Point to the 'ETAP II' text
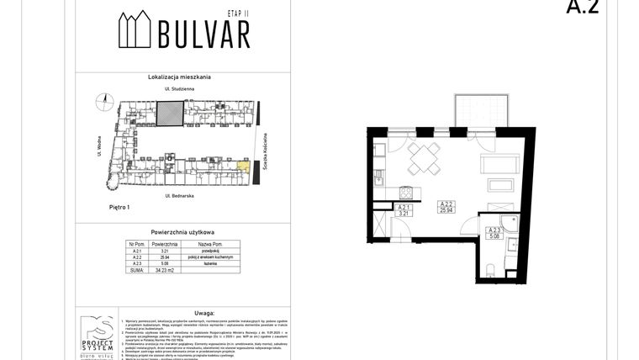(x=239, y=15)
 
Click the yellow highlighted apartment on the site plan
(x=243, y=166)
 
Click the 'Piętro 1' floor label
(x=98, y=207)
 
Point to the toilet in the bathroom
(x=488, y=268)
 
